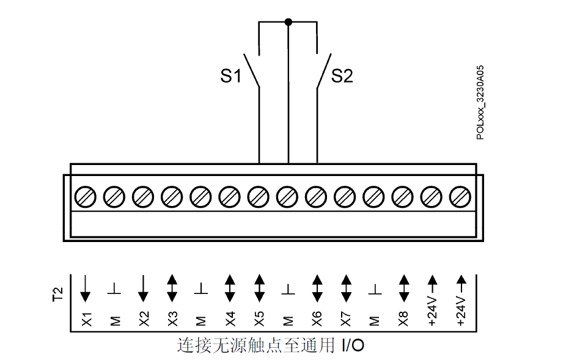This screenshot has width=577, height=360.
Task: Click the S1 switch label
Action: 231,76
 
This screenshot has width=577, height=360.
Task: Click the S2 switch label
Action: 342,76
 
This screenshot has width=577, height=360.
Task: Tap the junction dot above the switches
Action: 288,23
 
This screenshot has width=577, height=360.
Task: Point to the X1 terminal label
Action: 86,319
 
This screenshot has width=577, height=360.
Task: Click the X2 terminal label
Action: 143,319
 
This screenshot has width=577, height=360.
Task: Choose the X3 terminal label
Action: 172,319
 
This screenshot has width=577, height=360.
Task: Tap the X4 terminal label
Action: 230,319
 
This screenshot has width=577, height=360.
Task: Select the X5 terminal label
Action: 259,319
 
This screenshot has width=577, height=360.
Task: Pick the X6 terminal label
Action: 317,319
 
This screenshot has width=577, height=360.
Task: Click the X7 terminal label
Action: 345,319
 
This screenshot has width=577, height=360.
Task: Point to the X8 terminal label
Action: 403,319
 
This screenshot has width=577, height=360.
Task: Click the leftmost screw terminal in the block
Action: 86,197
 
